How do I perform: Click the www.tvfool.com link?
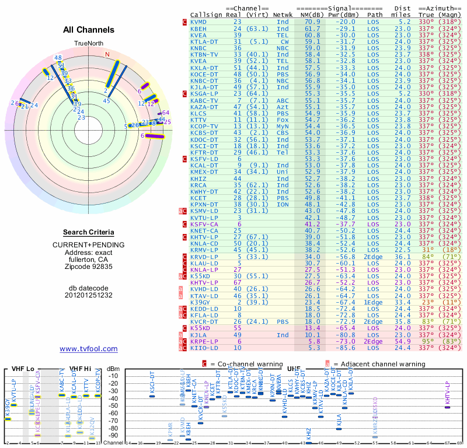coord(88,349)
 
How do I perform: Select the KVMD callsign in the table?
coord(198,21)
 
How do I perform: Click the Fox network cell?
coord(283,119)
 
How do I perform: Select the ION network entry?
coord(283,204)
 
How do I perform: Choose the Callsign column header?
coord(205,14)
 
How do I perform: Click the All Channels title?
coord(88,30)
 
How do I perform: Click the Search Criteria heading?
coord(88,232)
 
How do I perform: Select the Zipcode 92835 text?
coord(88,267)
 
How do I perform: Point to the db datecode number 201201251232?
coord(88,295)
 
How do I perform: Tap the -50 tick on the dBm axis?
coord(113,406)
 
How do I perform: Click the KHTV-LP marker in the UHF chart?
coord(447,407)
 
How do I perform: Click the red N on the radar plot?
coord(107,54)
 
